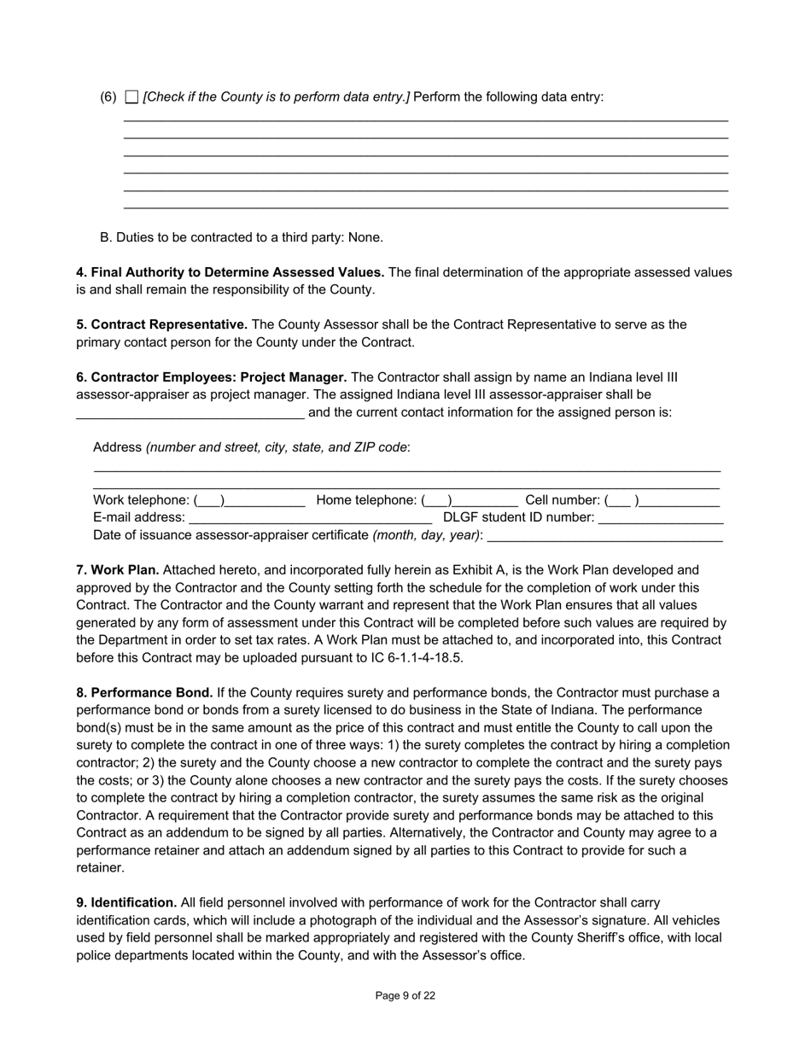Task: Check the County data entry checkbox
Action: (131, 97)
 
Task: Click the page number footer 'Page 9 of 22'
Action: (405, 995)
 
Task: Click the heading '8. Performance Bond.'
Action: (144, 692)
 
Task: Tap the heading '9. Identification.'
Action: (126, 902)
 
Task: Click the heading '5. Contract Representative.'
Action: (162, 324)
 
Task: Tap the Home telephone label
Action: (367, 500)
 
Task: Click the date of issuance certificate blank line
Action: (604, 537)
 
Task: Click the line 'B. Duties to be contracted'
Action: (242, 237)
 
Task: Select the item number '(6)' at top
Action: (108, 97)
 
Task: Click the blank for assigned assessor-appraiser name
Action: (190, 414)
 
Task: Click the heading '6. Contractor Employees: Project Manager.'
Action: (212, 377)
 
